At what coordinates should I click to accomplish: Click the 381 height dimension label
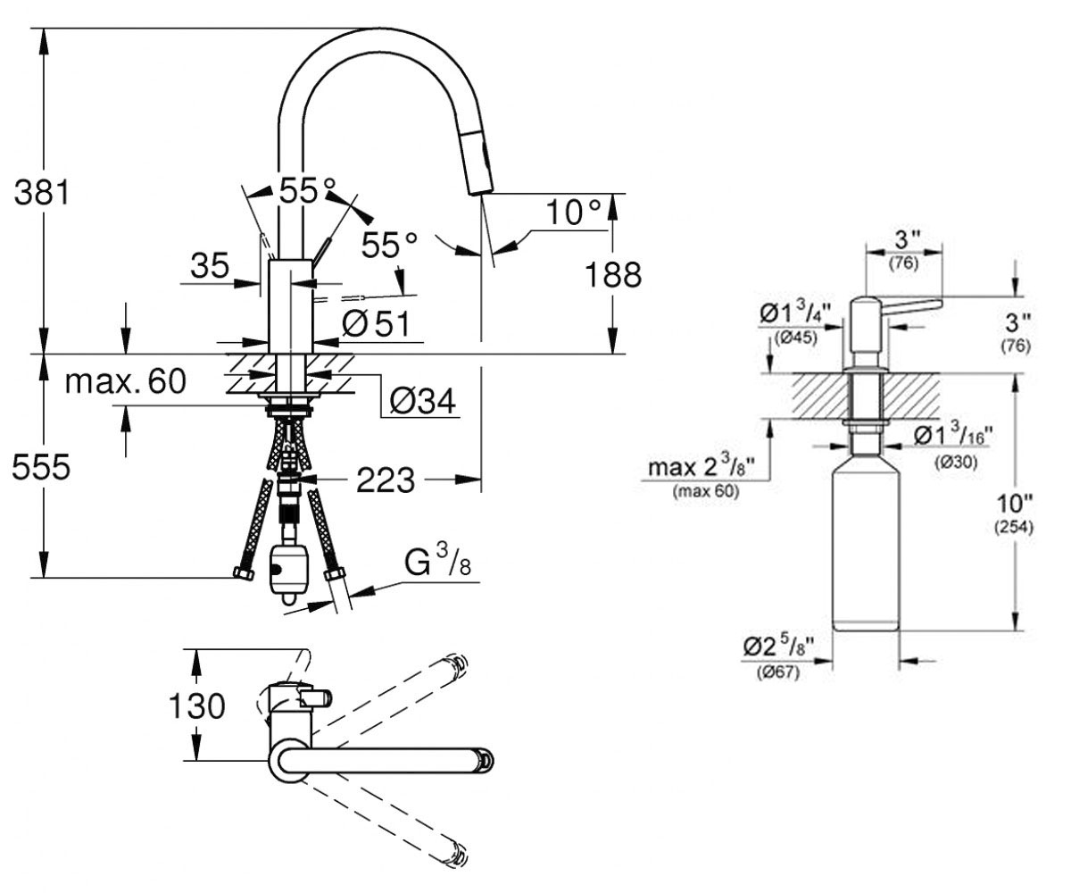click(41, 193)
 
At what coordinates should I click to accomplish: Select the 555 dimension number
click(40, 467)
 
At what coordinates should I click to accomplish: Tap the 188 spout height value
click(613, 274)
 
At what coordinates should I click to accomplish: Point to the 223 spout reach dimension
click(386, 480)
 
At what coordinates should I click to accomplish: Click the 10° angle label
click(573, 212)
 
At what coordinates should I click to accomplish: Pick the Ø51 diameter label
click(377, 324)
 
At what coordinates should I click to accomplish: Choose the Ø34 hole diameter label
click(423, 400)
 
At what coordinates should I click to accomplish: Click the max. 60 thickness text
click(126, 381)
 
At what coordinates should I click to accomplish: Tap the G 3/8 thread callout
click(438, 563)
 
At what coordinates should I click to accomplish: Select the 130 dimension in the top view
click(196, 705)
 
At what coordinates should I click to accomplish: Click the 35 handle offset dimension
click(210, 266)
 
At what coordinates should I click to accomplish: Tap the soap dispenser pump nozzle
click(914, 306)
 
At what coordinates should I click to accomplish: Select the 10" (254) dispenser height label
click(1014, 513)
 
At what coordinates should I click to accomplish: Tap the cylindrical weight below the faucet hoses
click(289, 574)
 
